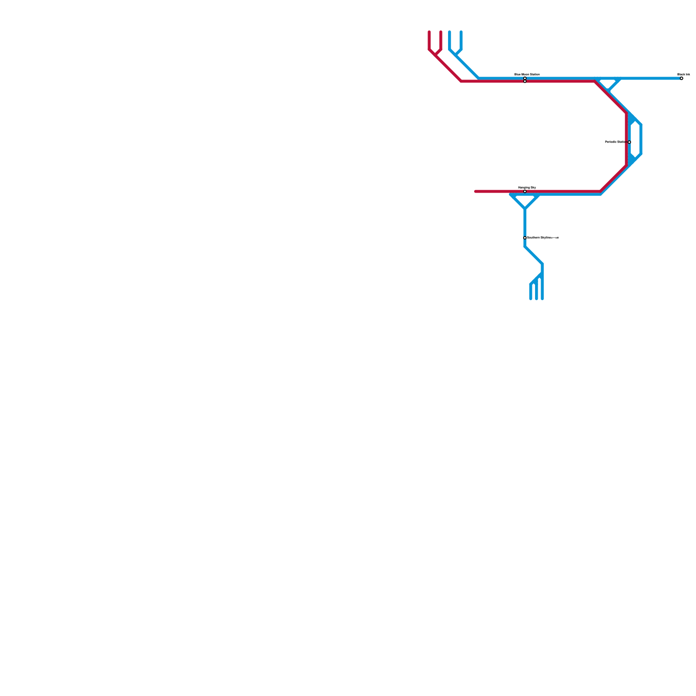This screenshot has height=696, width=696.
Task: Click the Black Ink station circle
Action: click(x=681, y=78)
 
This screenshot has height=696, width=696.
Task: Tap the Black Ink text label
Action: click(x=683, y=74)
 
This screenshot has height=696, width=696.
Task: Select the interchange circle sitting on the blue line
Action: click(x=525, y=78)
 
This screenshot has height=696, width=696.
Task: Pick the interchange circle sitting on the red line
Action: click(x=525, y=81)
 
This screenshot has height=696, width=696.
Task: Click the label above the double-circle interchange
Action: click(x=527, y=74)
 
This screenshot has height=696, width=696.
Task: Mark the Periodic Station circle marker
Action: click(x=629, y=142)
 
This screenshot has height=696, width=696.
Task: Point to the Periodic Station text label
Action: click(x=616, y=142)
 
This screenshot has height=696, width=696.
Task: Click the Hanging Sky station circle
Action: click(x=525, y=191)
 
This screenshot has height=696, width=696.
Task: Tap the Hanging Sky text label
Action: click(x=527, y=187)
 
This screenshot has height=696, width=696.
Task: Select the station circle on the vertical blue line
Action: click(x=525, y=238)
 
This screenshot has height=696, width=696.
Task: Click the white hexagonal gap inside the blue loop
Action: click(x=635, y=139)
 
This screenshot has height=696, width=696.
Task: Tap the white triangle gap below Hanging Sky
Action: click(x=525, y=200)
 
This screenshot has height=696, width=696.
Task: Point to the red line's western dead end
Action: click(x=476, y=191)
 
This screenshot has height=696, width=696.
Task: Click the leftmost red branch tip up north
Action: click(x=429, y=32)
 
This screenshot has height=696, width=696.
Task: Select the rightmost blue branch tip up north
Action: click(x=461, y=32)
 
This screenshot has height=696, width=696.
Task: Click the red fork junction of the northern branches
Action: click(x=435, y=55)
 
